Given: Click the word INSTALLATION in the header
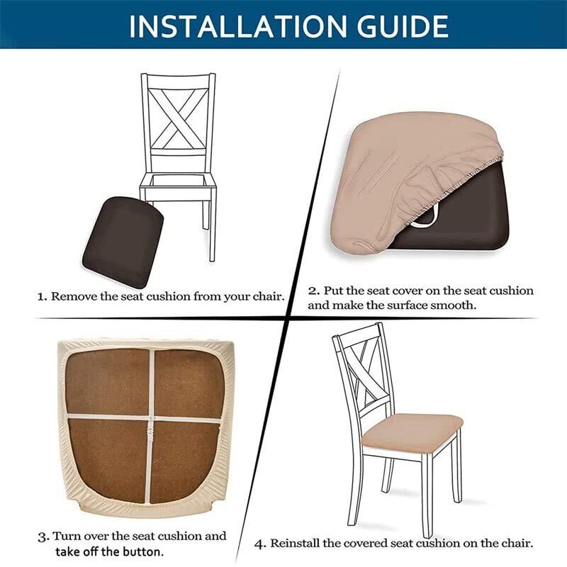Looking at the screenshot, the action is pyautogui.click(x=239, y=26).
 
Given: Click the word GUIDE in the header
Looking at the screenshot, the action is pyautogui.click(x=403, y=26).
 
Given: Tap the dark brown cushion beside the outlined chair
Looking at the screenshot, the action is pyautogui.click(x=123, y=242).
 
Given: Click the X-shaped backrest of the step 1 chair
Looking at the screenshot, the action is pyautogui.click(x=179, y=119).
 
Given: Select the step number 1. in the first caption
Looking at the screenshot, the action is pyautogui.click(x=43, y=297).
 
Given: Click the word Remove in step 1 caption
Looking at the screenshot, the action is pyautogui.click(x=74, y=296).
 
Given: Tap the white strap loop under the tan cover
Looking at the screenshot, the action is pyautogui.click(x=424, y=220).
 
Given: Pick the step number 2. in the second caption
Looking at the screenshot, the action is pyautogui.click(x=314, y=291).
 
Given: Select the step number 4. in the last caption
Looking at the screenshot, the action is pyautogui.click(x=260, y=544).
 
